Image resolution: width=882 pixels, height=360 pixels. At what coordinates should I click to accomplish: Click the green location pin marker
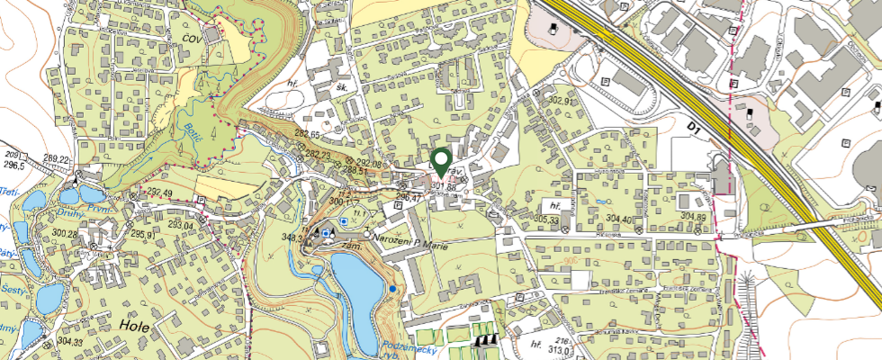coord(441,161)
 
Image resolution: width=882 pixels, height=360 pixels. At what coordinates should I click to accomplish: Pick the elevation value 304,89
coord(693,217)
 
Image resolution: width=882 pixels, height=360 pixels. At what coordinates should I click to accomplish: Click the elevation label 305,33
coord(547,219)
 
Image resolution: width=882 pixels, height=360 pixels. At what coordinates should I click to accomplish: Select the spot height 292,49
coord(158,193)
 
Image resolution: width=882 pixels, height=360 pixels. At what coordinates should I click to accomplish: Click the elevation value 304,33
coord(70,342)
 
